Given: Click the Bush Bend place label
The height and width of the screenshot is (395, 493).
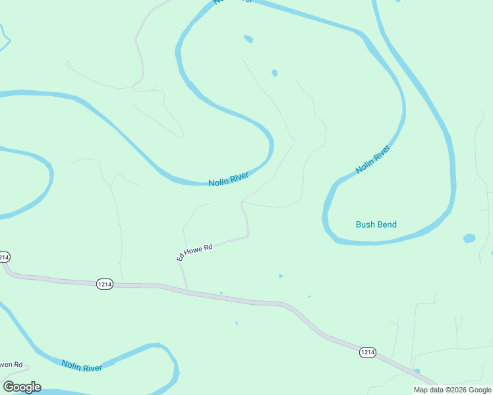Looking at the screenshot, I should (x=376, y=224).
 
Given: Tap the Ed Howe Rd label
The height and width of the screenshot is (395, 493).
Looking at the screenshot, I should (x=194, y=252).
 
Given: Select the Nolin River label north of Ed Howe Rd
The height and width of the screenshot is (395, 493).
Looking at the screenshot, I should (x=228, y=179).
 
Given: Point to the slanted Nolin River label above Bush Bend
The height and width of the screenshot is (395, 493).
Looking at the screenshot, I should (x=372, y=159).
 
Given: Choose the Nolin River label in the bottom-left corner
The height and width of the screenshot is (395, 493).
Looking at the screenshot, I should (x=82, y=365).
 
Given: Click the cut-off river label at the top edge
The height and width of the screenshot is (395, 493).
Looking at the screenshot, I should (x=233, y=2).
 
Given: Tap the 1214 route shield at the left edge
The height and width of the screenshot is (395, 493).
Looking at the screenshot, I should (x=4, y=256).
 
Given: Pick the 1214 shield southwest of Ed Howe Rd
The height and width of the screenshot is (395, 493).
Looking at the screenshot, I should (x=104, y=284).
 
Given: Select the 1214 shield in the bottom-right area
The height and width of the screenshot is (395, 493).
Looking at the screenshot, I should (x=368, y=353).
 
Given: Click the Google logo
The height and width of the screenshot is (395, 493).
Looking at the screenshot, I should (x=22, y=387).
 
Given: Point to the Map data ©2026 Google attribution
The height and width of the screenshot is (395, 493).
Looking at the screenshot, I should (x=451, y=390).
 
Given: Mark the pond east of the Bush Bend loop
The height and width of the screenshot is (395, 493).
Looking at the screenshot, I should (x=469, y=238).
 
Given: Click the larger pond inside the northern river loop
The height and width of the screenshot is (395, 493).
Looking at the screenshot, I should (x=248, y=39).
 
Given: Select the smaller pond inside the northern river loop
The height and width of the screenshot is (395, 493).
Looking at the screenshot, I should (x=274, y=72).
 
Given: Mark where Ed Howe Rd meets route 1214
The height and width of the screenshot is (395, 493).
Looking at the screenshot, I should (x=187, y=290).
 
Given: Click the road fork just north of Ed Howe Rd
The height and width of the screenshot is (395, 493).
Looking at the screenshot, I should (x=243, y=202).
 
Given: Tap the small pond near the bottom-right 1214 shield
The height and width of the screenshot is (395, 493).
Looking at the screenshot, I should (x=417, y=371).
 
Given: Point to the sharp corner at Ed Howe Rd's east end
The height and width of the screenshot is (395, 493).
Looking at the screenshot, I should (x=248, y=236).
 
